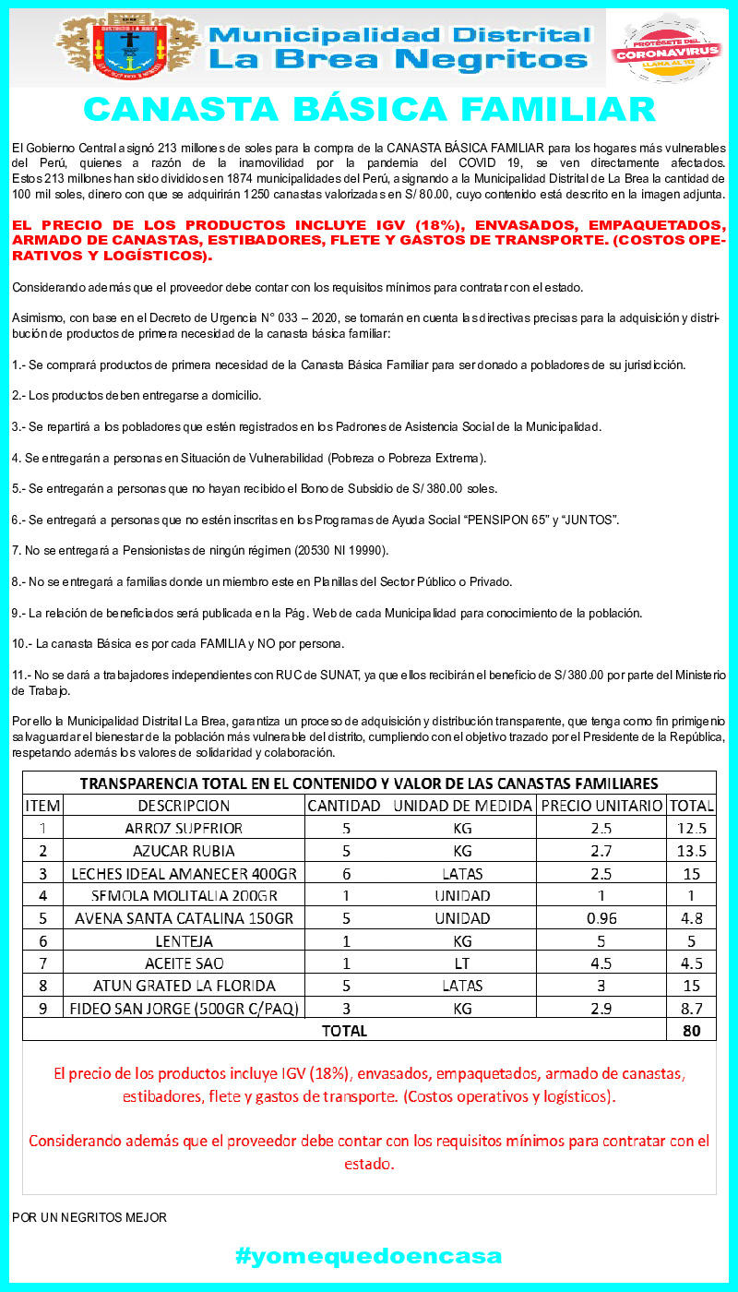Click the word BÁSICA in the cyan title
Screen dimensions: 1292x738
(x=369, y=109)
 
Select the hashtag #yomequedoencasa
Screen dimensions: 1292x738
(x=369, y=1256)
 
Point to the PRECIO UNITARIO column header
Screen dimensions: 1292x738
(x=601, y=806)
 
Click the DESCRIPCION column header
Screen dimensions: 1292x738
(x=184, y=806)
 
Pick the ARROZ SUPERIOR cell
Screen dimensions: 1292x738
(x=184, y=828)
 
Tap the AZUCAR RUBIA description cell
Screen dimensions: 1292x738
(x=184, y=851)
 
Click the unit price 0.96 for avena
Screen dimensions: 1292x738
(x=601, y=918)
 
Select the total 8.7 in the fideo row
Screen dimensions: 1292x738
(x=691, y=1008)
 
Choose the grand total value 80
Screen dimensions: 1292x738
(x=691, y=1031)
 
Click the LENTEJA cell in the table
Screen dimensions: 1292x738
(x=184, y=941)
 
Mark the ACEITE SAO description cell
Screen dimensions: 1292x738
(x=184, y=963)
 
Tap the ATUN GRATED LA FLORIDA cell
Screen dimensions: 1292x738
(x=184, y=986)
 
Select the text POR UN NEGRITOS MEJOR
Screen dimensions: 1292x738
(x=89, y=1217)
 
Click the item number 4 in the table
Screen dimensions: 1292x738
(x=42, y=895)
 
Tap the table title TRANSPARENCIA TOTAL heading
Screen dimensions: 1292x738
(x=369, y=784)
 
